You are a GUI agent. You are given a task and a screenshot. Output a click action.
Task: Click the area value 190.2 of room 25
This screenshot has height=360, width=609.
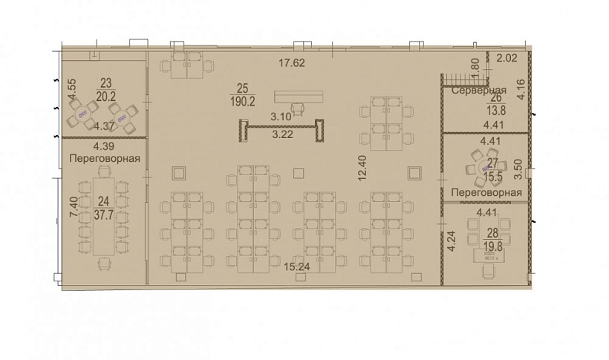click(243, 102)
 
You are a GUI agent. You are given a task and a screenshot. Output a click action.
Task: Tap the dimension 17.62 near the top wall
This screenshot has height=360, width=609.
click(292, 62)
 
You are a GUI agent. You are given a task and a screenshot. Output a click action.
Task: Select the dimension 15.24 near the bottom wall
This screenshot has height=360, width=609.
click(297, 266)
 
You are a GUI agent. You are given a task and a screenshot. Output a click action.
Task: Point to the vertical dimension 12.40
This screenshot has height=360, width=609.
click(362, 168)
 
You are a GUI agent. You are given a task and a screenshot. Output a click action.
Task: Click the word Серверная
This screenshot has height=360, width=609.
click(479, 91)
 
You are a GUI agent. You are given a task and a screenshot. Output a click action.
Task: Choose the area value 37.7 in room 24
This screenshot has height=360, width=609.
click(104, 215)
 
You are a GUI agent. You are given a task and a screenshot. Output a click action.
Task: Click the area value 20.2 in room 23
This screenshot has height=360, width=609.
click(106, 96)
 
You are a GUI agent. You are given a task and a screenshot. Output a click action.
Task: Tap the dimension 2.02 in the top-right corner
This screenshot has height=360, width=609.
click(507, 58)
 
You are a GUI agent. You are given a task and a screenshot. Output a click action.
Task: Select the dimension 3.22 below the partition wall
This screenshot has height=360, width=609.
click(283, 135)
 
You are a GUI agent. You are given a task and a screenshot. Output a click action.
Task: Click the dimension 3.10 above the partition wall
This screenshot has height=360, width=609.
click(281, 117)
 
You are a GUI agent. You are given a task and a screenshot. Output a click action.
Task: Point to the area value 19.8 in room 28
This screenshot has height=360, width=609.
click(493, 246)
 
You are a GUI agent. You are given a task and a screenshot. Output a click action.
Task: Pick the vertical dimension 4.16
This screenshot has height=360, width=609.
click(521, 89)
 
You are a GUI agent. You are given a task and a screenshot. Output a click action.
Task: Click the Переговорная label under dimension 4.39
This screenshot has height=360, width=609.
click(105, 158)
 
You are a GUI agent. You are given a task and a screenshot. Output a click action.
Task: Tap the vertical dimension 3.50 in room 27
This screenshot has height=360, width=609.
click(518, 169)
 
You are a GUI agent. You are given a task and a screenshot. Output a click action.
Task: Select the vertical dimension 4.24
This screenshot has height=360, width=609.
click(451, 241)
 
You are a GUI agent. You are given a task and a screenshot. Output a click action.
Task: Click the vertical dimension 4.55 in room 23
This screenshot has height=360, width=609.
click(72, 89)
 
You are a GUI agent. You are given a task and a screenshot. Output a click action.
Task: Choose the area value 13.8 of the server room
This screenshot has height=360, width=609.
click(496, 111)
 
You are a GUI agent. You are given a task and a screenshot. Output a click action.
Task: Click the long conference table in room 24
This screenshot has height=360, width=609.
click(103, 216)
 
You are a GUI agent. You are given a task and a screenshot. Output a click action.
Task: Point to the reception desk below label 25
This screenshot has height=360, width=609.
click(299, 97)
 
